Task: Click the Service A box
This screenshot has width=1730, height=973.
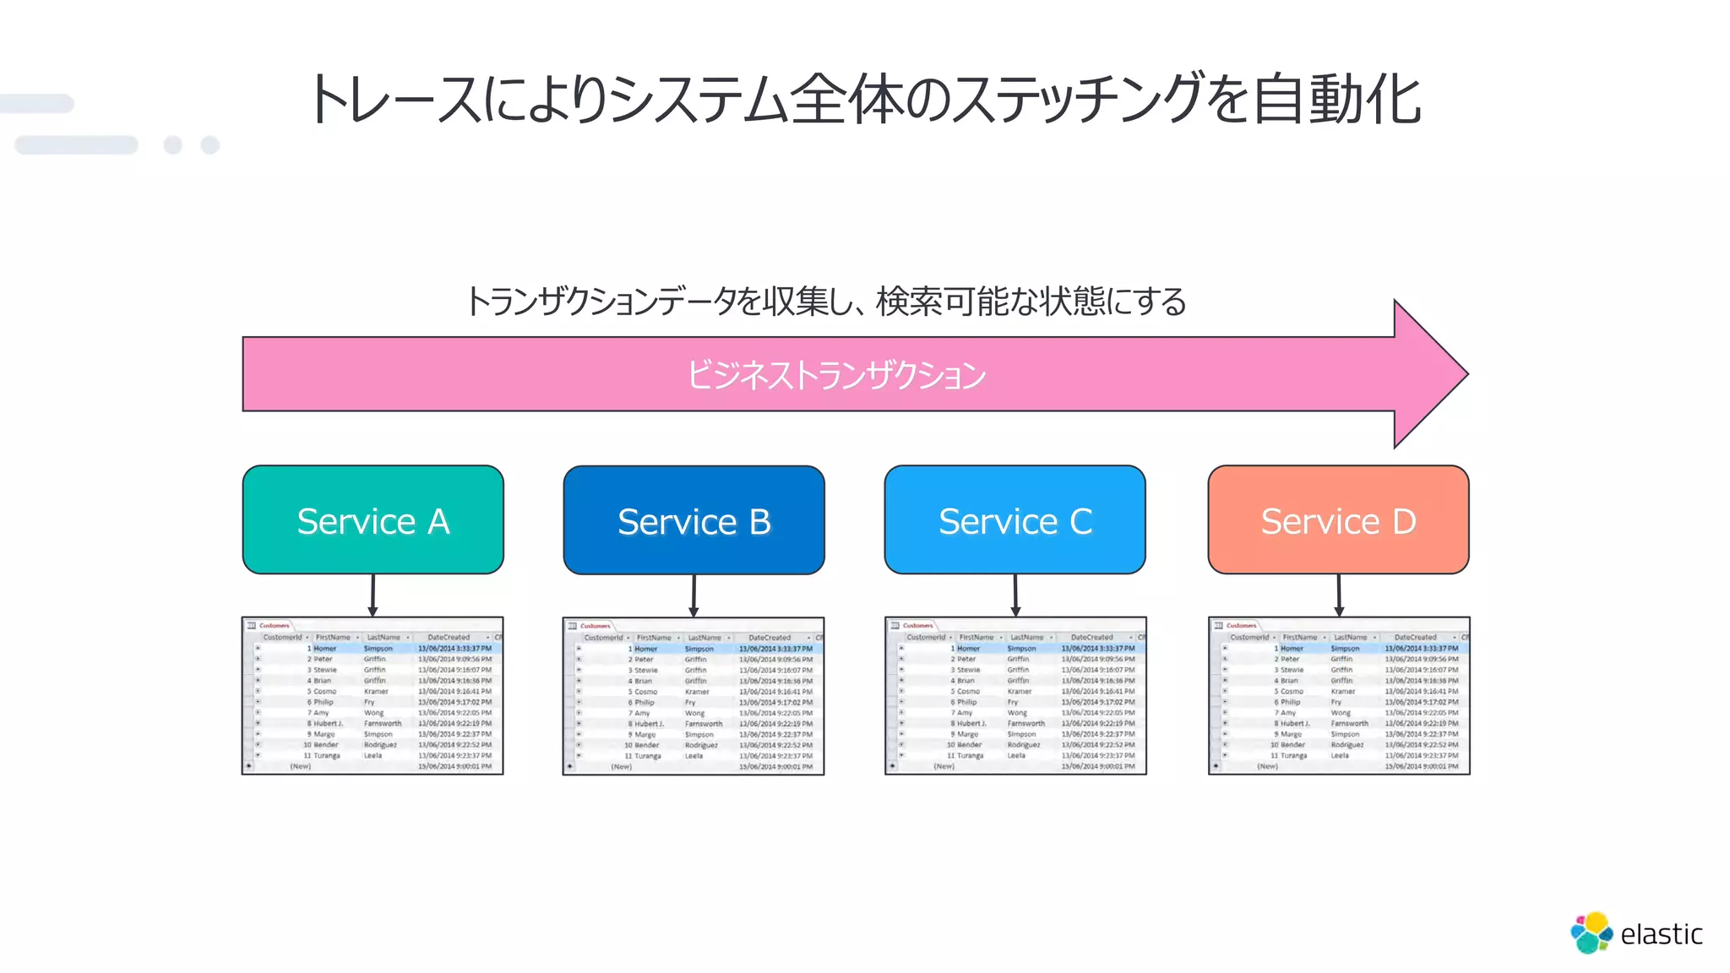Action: (373, 520)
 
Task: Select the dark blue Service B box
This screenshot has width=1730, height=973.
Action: (694, 520)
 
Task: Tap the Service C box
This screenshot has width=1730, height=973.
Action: (1015, 520)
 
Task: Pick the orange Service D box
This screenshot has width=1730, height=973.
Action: (1338, 520)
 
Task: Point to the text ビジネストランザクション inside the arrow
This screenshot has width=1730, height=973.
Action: (835, 375)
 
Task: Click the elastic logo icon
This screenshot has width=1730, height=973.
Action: (1591, 932)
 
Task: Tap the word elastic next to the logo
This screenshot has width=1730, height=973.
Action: (1661, 934)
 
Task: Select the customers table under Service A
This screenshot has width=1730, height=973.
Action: (373, 696)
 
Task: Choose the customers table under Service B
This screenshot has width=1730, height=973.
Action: (694, 696)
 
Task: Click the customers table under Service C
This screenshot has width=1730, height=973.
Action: (1015, 696)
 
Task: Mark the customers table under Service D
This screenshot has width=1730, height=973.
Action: (1339, 696)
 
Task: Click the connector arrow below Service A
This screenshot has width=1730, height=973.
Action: (373, 595)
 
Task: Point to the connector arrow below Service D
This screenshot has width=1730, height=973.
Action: (1339, 595)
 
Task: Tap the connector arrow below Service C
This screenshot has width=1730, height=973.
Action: (1015, 595)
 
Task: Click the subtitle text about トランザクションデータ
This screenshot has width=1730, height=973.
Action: (825, 302)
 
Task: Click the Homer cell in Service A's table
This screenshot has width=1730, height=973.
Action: (325, 649)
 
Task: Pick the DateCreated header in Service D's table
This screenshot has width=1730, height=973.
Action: (1415, 638)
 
